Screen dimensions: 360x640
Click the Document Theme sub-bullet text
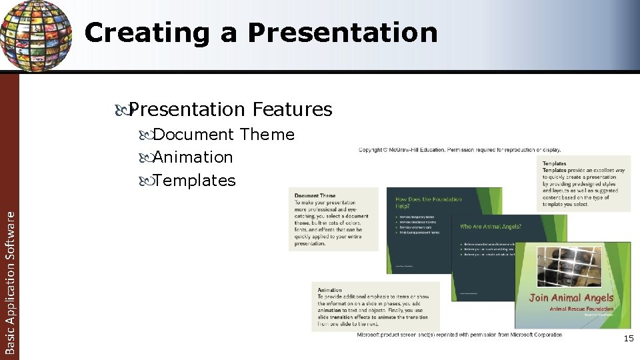click(x=223, y=135)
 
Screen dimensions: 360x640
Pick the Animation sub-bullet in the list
click(x=193, y=157)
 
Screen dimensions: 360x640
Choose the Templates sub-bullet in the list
click(x=194, y=180)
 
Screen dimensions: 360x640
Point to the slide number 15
click(x=628, y=339)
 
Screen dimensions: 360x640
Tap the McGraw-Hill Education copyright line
click(x=459, y=149)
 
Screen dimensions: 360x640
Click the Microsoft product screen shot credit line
click(x=459, y=335)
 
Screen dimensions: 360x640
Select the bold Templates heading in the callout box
click(x=554, y=163)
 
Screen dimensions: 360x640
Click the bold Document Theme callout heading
click(x=315, y=195)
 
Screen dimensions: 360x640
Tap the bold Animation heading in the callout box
click(x=329, y=290)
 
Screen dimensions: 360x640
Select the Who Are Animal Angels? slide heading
click(x=490, y=227)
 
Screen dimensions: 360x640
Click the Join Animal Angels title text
click(x=571, y=298)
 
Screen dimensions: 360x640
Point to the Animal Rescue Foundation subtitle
click(x=581, y=309)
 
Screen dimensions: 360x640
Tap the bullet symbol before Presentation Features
click(x=122, y=109)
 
